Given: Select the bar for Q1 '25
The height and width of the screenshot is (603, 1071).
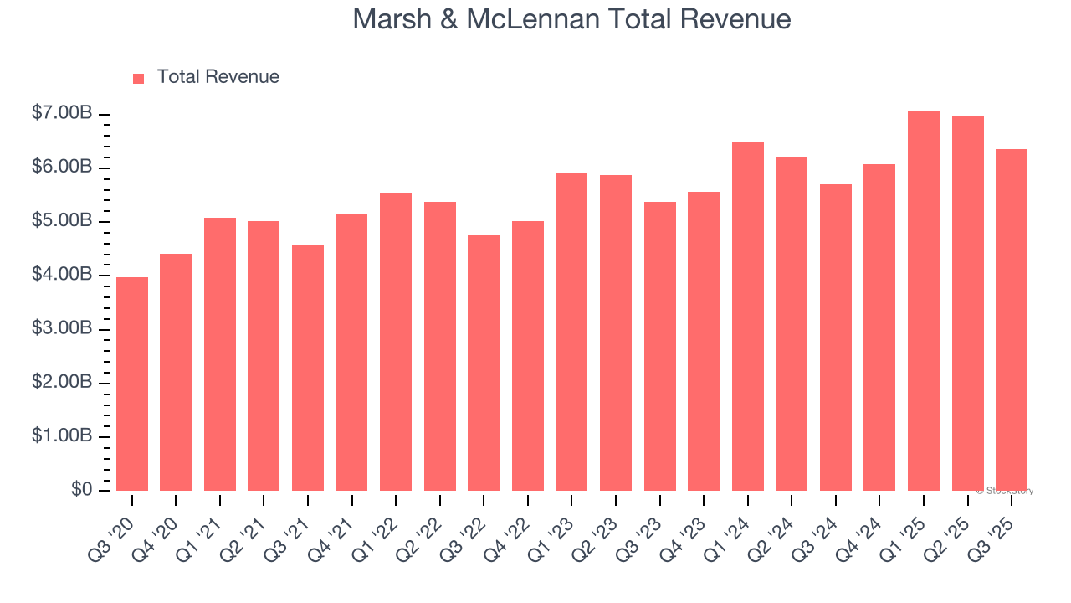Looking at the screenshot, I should pos(924,301).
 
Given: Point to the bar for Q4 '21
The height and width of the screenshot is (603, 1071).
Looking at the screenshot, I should pos(351,352).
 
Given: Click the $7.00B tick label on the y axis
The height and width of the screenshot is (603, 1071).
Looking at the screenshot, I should pos(61,113).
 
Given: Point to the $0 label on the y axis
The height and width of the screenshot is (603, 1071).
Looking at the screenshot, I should pos(81,489).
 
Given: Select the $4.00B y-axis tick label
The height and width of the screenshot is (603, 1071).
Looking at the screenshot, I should pos(61,275).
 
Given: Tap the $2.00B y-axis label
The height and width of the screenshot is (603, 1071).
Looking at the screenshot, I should pos(61,382).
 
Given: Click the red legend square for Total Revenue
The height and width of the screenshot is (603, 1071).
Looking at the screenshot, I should pos(139,78).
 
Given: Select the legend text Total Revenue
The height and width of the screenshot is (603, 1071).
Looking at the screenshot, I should pos(218,77).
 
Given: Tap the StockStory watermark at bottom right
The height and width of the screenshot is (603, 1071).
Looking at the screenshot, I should pos(1004,491).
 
